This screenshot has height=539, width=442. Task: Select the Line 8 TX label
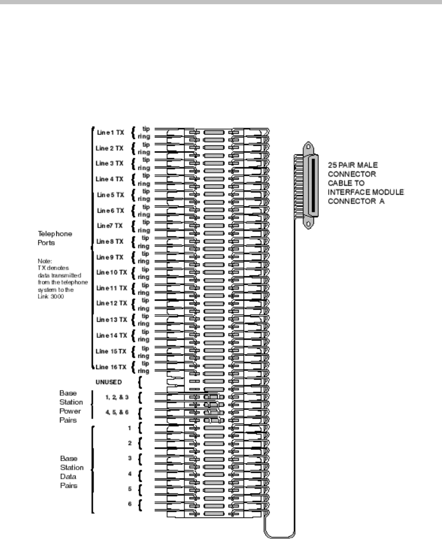[x=110, y=242]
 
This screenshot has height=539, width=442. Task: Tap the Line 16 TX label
[x=110, y=366]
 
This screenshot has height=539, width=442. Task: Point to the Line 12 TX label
[x=110, y=304]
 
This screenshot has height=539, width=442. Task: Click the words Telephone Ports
[x=56, y=237]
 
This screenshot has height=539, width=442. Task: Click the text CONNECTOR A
[x=352, y=202]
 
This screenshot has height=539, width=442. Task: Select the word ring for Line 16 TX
[x=144, y=371]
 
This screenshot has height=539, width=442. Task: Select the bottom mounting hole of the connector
[x=308, y=224]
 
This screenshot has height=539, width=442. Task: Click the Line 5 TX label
[x=110, y=195]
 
